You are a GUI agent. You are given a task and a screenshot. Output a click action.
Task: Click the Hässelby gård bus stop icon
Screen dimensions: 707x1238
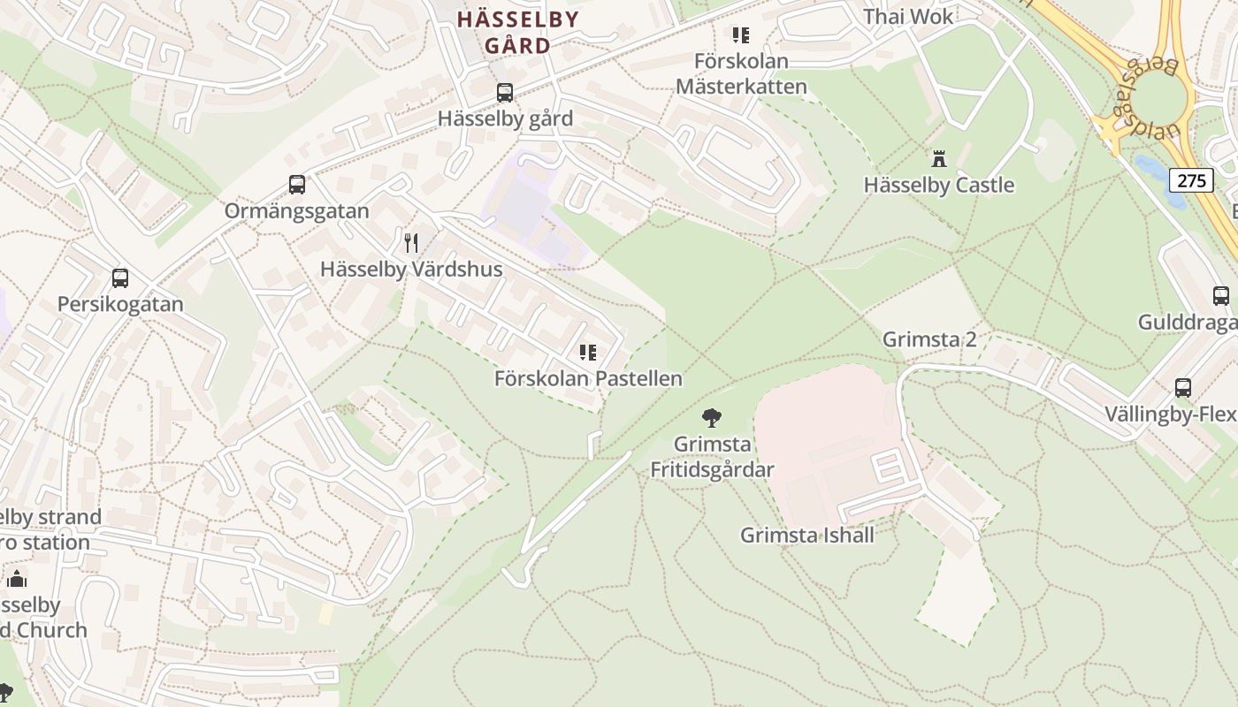point(504,92)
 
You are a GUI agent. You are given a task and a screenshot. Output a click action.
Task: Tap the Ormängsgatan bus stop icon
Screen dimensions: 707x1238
point(297,185)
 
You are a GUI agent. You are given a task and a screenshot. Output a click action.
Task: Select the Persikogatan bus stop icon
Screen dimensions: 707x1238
point(120,277)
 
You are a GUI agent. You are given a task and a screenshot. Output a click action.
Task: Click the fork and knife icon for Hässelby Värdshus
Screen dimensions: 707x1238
point(411,243)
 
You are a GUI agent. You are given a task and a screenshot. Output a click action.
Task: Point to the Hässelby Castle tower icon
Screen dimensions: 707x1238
point(939,159)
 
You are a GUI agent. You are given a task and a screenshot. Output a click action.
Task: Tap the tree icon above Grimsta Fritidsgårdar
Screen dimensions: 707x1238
point(711,417)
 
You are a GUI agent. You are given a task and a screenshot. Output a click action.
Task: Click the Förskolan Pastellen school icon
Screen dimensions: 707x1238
point(588,353)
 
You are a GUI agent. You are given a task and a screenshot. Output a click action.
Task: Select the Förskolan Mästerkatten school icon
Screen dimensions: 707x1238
point(740,35)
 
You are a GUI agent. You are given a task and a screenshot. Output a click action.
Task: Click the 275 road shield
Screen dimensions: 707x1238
point(1191,181)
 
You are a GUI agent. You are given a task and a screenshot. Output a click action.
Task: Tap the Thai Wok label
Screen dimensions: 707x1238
point(908,17)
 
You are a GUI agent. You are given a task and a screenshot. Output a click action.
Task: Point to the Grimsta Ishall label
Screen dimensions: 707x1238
point(807,535)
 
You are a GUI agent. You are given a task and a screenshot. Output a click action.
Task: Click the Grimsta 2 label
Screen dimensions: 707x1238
point(929,339)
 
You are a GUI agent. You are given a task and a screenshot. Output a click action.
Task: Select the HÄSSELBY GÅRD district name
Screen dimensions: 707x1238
point(517,33)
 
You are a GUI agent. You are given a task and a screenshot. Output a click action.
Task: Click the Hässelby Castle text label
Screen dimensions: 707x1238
point(939,186)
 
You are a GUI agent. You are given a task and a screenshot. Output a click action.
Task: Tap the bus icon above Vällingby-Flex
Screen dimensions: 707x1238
point(1182,387)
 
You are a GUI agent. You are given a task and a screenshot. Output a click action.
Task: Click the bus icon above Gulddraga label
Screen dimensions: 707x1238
point(1220,295)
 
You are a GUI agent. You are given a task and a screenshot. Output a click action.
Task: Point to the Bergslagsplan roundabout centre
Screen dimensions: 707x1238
point(1157,98)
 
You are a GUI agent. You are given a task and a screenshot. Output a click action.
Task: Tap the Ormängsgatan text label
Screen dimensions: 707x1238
point(296,211)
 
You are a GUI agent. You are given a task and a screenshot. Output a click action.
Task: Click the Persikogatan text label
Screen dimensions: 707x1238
point(120,304)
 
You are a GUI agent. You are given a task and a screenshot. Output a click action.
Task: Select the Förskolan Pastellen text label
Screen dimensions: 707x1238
point(588,379)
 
